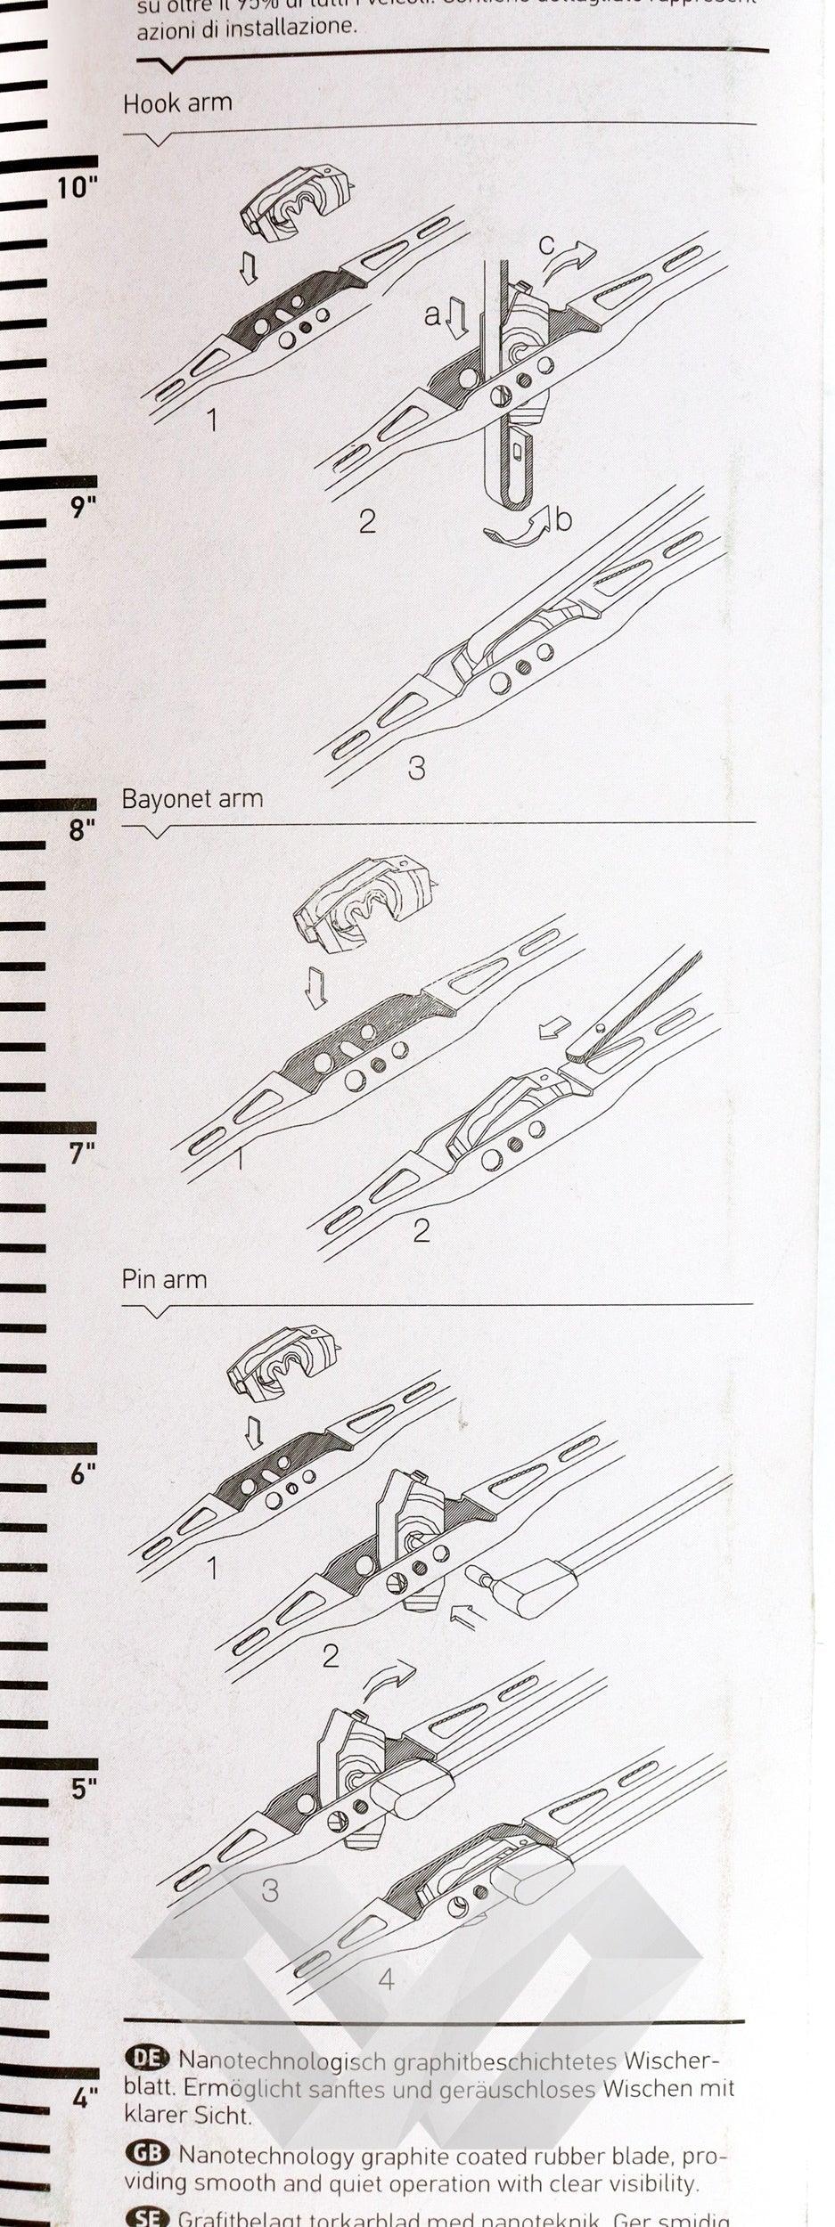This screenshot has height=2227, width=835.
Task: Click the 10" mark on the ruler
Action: click(x=77, y=188)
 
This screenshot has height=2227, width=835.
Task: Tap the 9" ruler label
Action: click(x=83, y=508)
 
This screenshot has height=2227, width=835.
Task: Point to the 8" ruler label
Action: click(x=82, y=831)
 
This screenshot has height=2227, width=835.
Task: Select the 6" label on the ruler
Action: click(x=83, y=1474)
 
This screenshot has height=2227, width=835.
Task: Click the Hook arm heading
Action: click(x=177, y=103)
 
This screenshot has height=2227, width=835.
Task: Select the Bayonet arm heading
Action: click(x=192, y=798)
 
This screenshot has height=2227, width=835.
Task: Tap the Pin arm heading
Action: click(x=164, y=1279)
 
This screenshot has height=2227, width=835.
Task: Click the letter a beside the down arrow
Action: click(x=432, y=314)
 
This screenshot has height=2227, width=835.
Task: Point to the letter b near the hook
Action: click(x=563, y=519)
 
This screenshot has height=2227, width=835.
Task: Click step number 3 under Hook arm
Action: click(x=416, y=767)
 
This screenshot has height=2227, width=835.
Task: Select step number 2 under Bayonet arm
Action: click(x=422, y=1230)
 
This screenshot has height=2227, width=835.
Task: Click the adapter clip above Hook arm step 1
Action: click(x=292, y=202)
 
